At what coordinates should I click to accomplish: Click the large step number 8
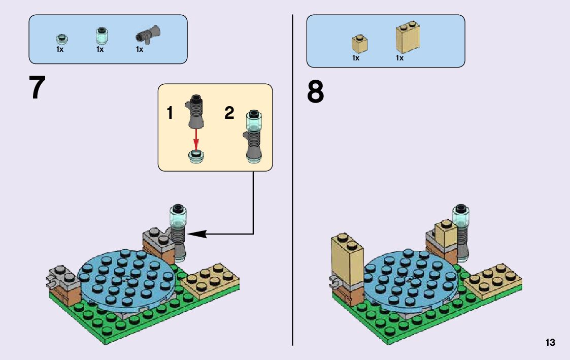pos(315,92)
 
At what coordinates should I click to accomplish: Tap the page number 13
pos(550,343)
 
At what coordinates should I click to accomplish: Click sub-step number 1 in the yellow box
pos(170,113)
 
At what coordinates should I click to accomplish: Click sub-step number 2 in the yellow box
pos(229,113)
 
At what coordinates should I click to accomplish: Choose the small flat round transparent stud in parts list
pos(61,39)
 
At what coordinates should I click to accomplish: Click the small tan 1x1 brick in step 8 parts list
pos(360,43)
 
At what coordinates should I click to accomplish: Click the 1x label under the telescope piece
pos(140,50)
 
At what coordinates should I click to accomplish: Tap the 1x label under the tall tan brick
pos(399,58)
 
